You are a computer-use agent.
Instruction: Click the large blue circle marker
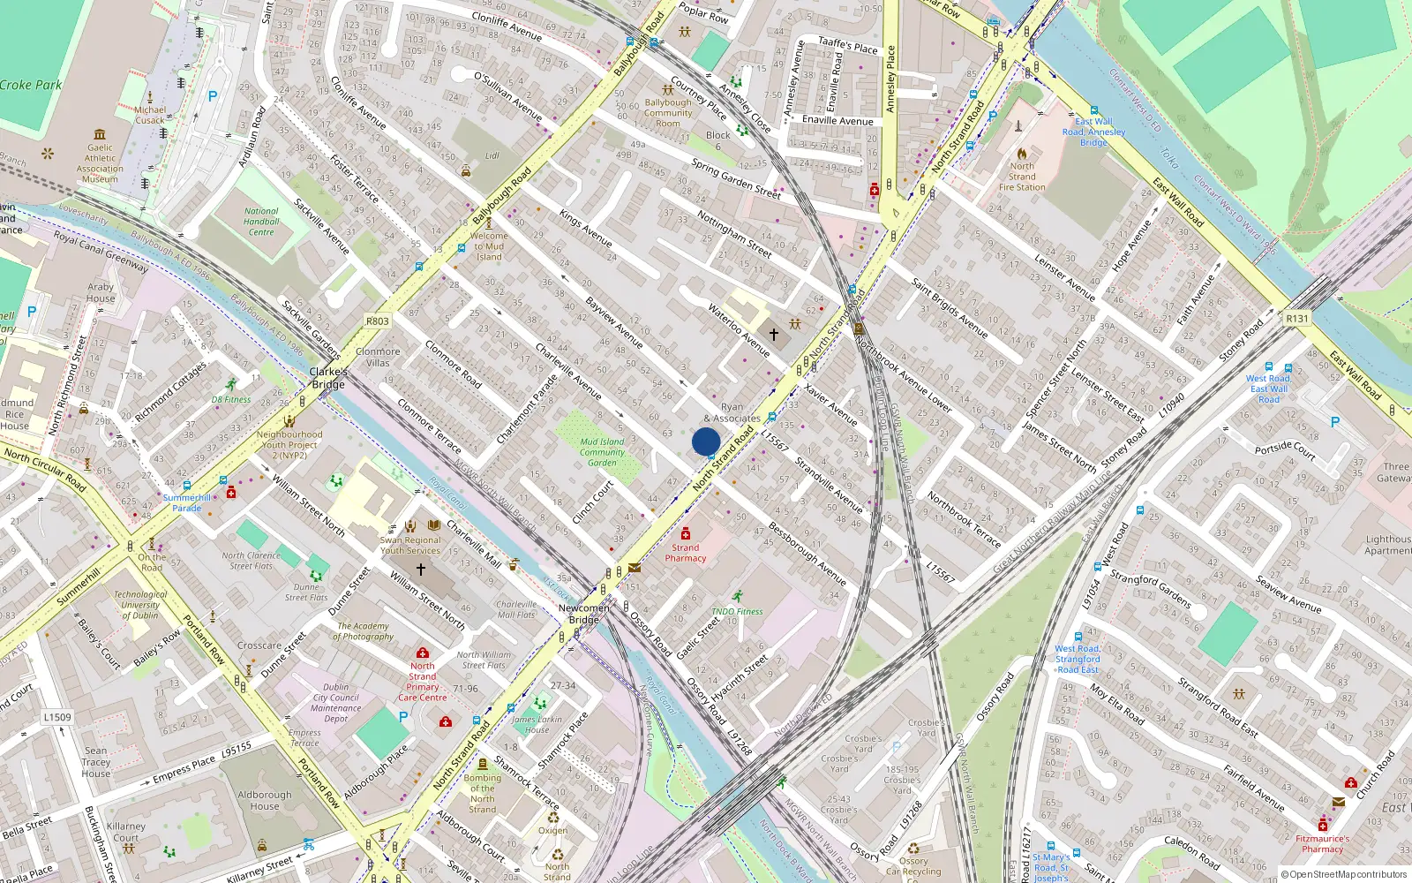click(x=706, y=441)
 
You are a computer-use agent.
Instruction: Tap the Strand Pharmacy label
click(x=686, y=553)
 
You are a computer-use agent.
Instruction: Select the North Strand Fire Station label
click(x=1022, y=177)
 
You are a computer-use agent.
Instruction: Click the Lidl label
click(x=492, y=155)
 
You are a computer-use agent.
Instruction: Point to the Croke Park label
click(x=31, y=85)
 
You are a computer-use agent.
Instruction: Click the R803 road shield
click(x=377, y=321)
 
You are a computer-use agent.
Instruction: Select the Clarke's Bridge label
click(x=327, y=378)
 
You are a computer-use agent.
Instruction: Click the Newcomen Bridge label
click(x=583, y=614)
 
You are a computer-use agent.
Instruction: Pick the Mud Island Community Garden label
click(x=602, y=452)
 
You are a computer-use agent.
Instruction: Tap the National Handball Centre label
click(x=261, y=222)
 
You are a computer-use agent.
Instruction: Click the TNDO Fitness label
click(x=737, y=611)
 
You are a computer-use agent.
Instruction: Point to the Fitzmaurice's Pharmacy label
click(x=1322, y=844)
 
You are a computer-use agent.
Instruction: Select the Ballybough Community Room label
click(x=668, y=113)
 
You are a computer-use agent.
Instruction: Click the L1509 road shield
click(x=57, y=717)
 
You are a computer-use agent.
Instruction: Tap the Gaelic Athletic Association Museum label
click(x=100, y=163)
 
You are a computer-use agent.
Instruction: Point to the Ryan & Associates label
click(x=732, y=413)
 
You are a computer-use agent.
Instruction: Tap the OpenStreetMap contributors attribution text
click(x=1344, y=875)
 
